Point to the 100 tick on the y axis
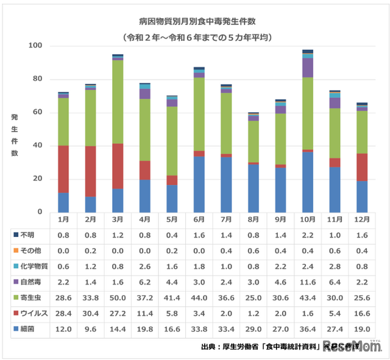pos(35,46)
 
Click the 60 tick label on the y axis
pos(37,113)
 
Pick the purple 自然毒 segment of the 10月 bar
pos(307,68)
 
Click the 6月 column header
pos(199,219)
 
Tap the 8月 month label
pos(253,219)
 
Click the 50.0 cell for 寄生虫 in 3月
pos(118,297)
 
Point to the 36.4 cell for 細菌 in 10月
pos(307,329)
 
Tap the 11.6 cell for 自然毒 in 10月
pos(307,281)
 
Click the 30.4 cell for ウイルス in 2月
pos(91,313)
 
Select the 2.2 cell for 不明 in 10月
pos(307,234)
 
